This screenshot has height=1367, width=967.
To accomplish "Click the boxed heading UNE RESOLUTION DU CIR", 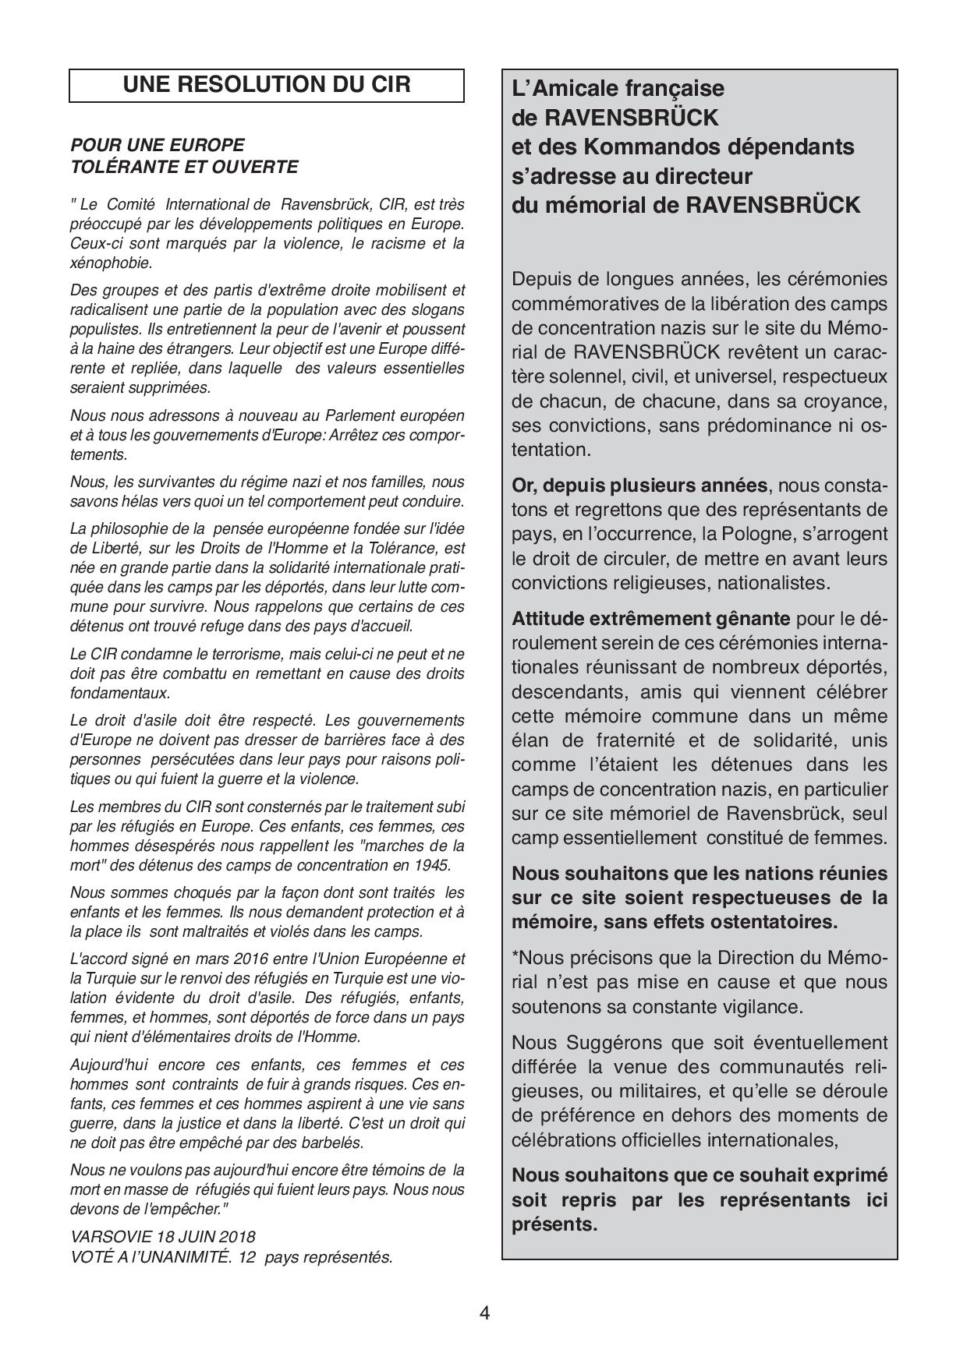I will pyautogui.click(x=267, y=85).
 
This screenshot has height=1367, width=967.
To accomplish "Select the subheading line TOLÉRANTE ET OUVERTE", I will pyautogui.click(x=184, y=166).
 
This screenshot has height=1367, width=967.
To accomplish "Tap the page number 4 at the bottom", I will pyautogui.click(x=484, y=1313).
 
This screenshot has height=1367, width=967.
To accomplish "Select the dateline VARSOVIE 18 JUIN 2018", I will pyautogui.click(x=163, y=1237).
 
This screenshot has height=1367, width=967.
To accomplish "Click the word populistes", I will pyautogui.click(x=101, y=330).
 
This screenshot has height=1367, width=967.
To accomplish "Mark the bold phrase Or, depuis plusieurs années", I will pyautogui.click(x=639, y=486).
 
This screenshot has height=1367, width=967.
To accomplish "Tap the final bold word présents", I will pyautogui.click(x=554, y=1224).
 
